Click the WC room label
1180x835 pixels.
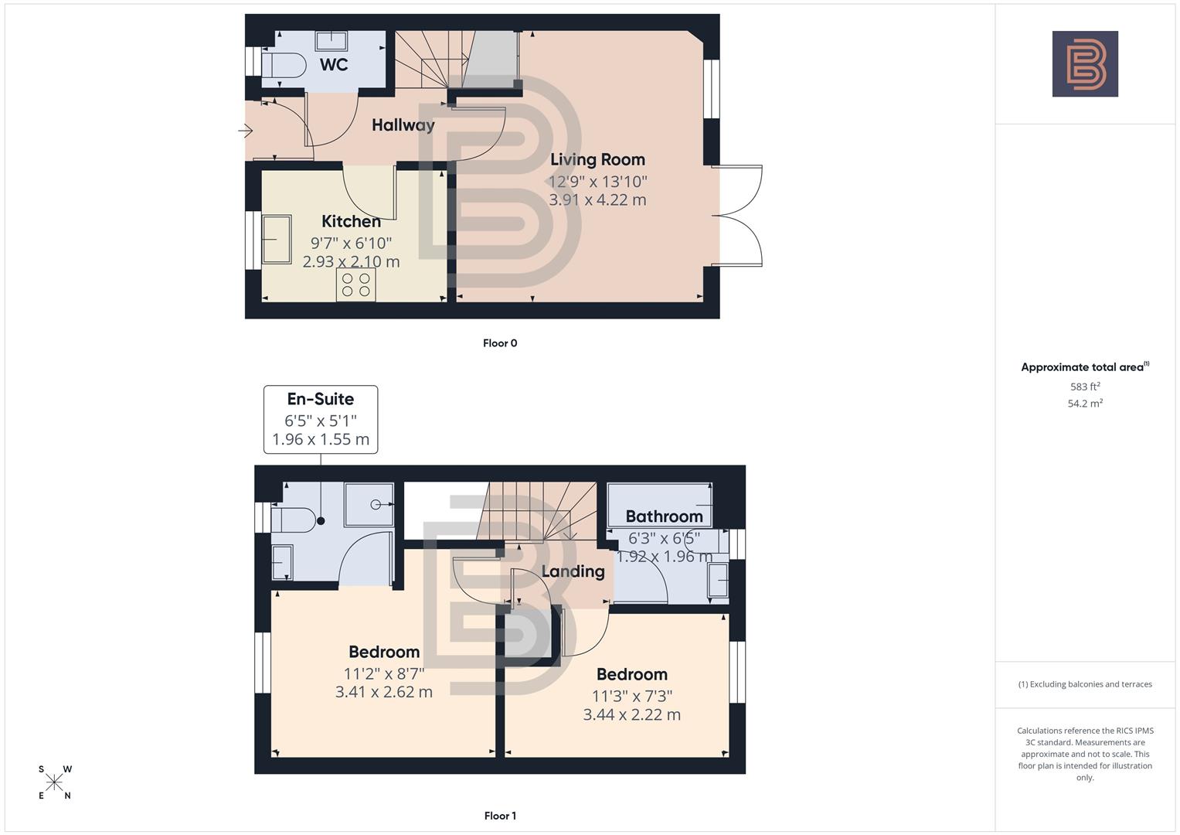click(334, 64)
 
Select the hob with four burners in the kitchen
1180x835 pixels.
click(355, 285)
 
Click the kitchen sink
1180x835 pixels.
click(276, 240)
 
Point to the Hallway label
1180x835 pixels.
click(403, 125)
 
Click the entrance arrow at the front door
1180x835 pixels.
click(246, 131)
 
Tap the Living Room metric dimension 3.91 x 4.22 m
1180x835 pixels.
click(597, 199)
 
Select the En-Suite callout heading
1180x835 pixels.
click(320, 399)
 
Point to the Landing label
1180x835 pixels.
click(573, 571)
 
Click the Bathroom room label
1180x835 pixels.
click(664, 516)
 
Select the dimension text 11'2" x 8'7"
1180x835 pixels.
click(384, 673)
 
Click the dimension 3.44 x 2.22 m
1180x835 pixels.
click(631, 715)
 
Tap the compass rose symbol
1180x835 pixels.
click(54, 782)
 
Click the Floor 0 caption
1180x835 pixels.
click(500, 343)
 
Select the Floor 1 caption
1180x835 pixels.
click(500, 816)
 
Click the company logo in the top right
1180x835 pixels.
click(1085, 64)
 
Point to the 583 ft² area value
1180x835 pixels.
click(1085, 387)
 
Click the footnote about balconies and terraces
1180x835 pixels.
click(1085, 684)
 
